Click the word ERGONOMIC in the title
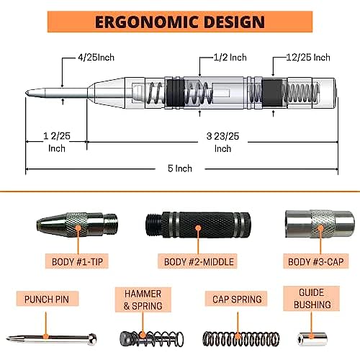[x=146, y=22]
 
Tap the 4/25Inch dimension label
[x=96, y=58]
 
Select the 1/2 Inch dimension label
[x=230, y=58]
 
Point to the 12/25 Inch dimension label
[x=308, y=58]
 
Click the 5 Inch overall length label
[x=180, y=168]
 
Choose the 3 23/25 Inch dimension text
[x=222, y=143]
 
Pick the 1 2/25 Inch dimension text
[x=57, y=143]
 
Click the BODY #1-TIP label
[x=77, y=261]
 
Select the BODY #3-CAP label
[x=315, y=261]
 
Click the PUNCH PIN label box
[x=48, y=299]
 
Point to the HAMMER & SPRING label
[x=143, y=300]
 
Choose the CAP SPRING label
[x=237, y=299]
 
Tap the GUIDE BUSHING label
[x=312, y=299]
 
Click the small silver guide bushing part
[x=312, y=339]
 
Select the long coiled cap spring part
[x=241, y=338]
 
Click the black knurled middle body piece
[x=198, y=225]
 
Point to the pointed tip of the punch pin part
[x=7, y=338]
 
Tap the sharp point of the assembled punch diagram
[x=26, y=93]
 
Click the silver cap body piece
[x=320, y=224]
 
